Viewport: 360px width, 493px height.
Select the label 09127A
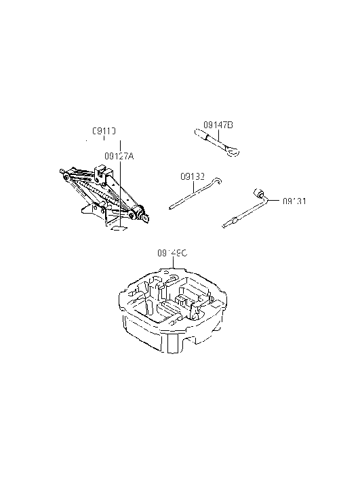pyautogui.click(x=119, y=156)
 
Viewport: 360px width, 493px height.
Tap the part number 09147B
pyautogui.click(x=218, y=125)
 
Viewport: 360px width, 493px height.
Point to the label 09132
pyautogui.click(x=193, y=176)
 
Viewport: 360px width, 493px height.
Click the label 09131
pyautogui.click(x=295, y=201)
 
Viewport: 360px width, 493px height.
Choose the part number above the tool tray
pyautogui.click(x=172, y=252)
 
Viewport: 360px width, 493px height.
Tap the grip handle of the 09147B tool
pyautogui.click(x=203, y=137)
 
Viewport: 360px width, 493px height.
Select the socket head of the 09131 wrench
pyautogui.click(x=258, y=192)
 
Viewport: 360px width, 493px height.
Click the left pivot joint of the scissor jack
pyautogui.click(x=64, y=171)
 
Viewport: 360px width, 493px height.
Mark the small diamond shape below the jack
pyautogui.click(x=120, y=229)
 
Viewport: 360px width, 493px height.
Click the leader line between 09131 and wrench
pyautogui.click(x=275, y=200)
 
